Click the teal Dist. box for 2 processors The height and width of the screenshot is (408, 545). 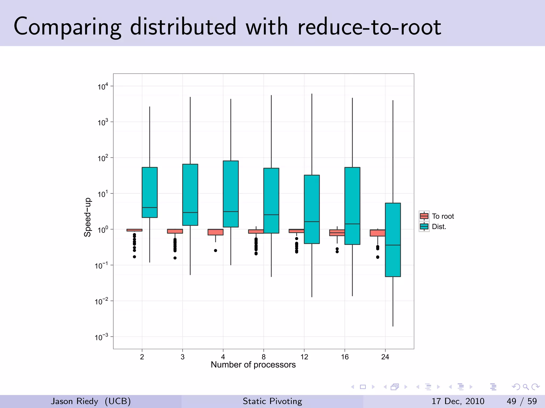[x=150, y=192]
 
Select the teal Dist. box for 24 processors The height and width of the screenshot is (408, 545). [x=393, y=240]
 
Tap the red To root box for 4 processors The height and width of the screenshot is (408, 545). [x=215, y=232]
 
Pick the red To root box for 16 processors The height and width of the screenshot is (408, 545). [x=337, y=233]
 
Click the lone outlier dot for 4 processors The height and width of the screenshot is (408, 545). [x=216, y=250]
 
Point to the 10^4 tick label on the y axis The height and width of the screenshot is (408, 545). [x=103, y=87]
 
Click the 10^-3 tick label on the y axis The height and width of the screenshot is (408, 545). [x=101, y=337]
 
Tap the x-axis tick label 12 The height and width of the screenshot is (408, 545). [x=304, y=357]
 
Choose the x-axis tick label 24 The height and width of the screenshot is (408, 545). [x=385, y=357]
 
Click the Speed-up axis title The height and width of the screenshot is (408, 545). [x=87, y=217]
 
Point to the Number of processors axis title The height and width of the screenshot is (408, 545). [x=253, y=365]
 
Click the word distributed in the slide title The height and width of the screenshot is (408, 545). [x=183, y=27]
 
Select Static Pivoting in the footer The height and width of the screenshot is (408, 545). [x=272, y=401]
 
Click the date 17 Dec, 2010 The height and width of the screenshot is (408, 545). [x=458, y=401]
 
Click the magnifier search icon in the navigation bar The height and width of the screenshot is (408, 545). [x=526, y=387]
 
